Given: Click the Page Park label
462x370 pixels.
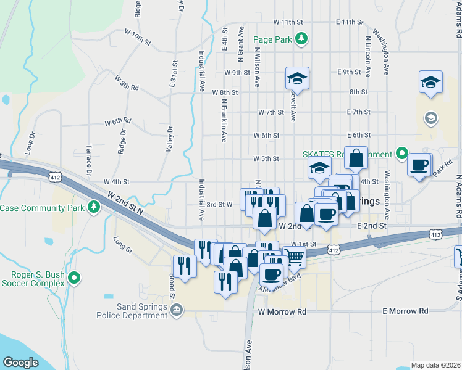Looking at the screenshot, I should pyautogui.click(x=272, y=39).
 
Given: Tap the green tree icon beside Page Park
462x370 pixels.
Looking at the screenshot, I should pyautogui.click(x=301, y=39).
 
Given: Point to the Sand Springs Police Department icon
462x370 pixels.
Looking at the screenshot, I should pyautogui.click(x=177, y=309).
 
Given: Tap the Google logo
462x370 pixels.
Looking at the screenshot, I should pyautogui.click(x=21, y=363).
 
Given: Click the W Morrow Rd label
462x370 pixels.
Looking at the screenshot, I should pyautogui.click(x=283, y=312).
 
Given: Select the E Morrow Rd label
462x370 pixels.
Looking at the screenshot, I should pyautogui.click(x=406, y=311).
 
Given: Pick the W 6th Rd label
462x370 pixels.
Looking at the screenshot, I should pyautogui.click(x=117, y=121).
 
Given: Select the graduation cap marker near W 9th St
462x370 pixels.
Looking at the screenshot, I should pyautogui.click(x=297, y=78).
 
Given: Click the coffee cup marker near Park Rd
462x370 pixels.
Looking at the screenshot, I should pyautogui.click(x=419, y=165).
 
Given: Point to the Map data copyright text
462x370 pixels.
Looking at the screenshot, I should pyautogui.click(x=436, y=365).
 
